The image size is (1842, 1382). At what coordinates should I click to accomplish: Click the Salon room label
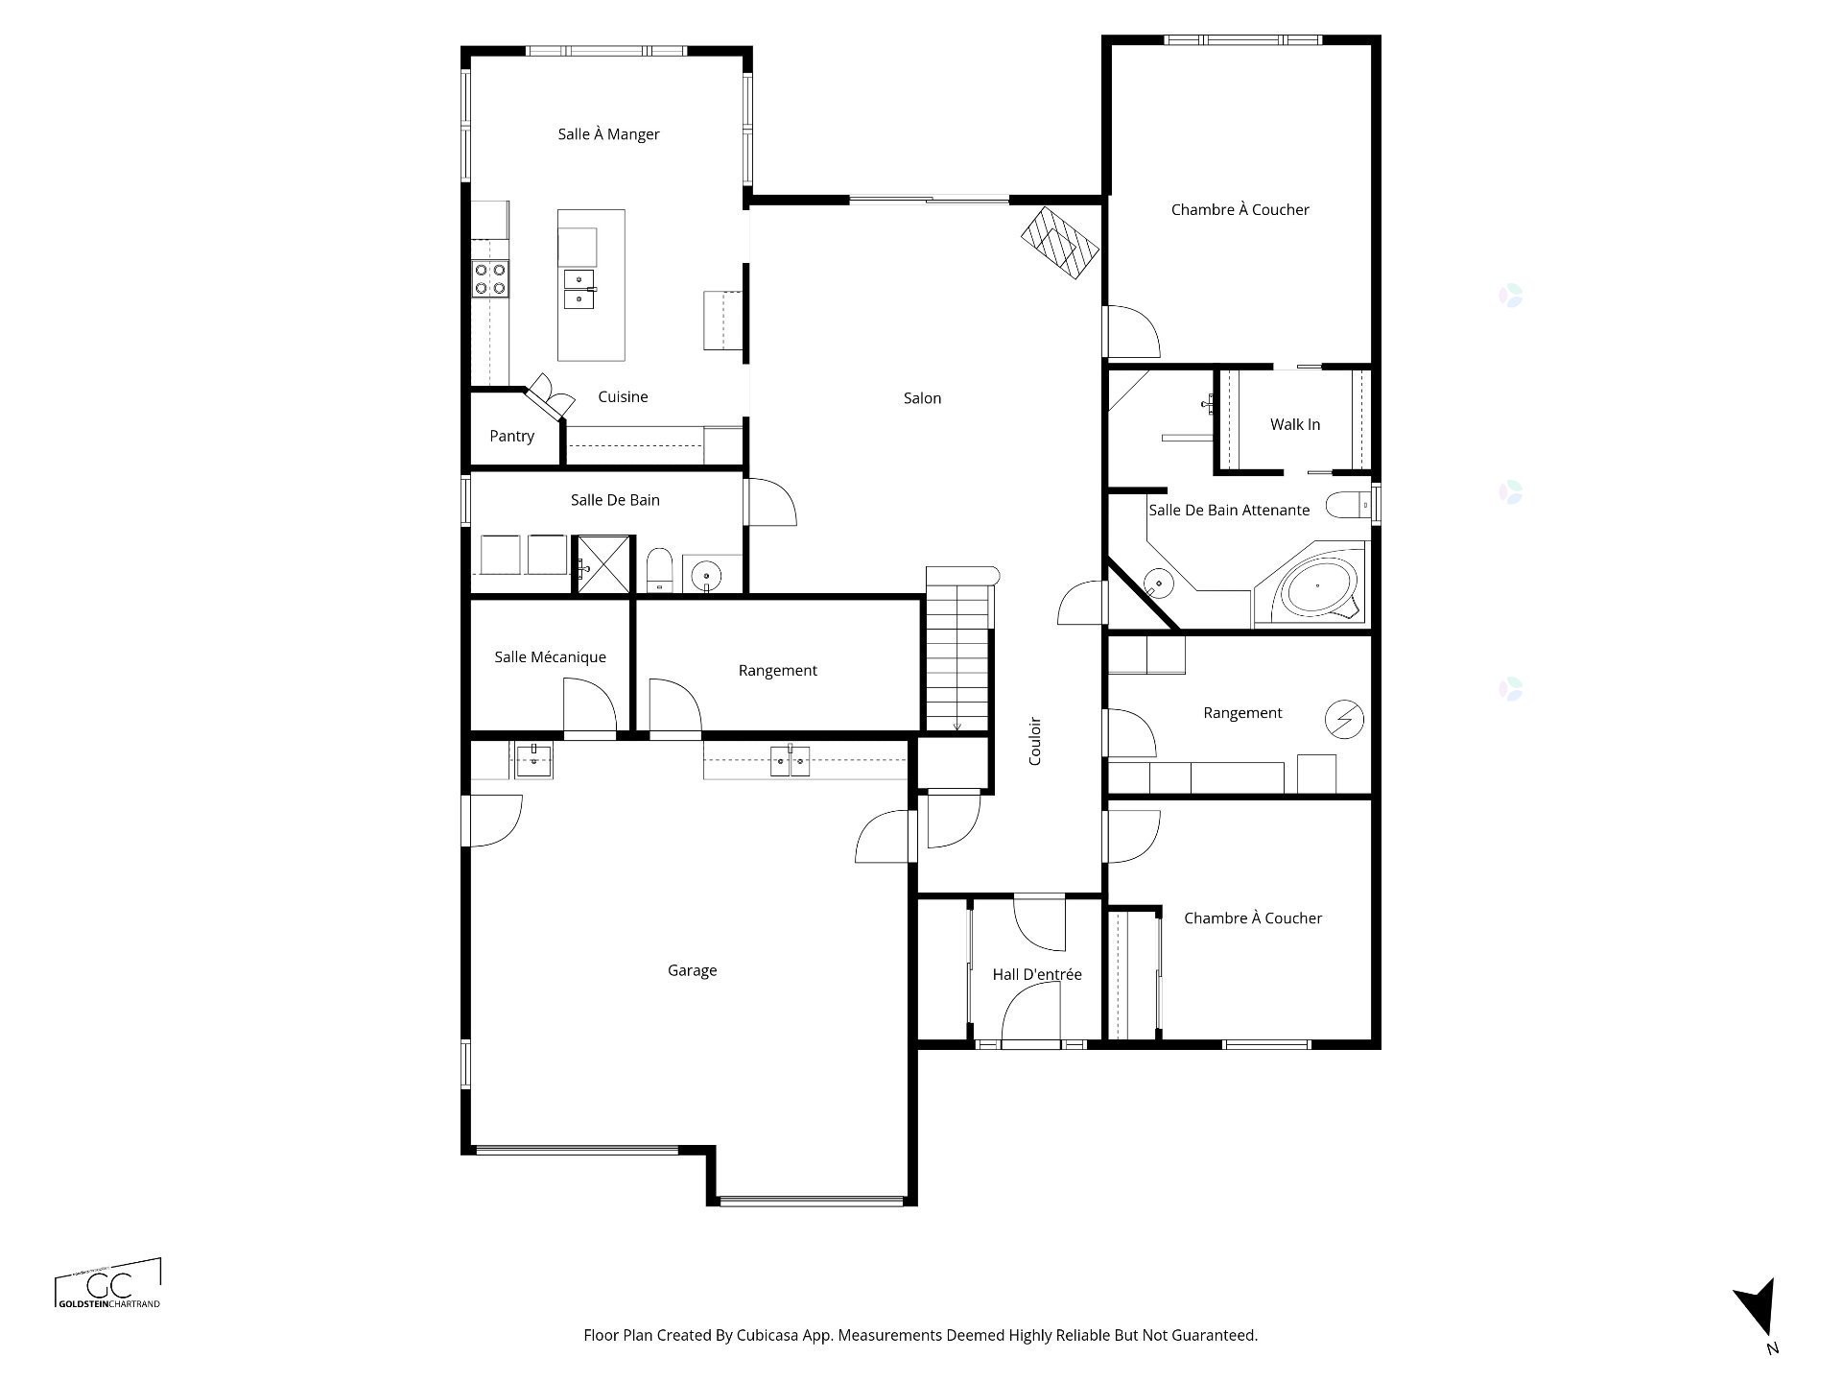[x=922, y=398]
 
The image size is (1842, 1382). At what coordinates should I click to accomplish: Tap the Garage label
[x=692, y=970]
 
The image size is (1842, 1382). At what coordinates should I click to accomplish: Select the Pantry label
[x=511, y=436]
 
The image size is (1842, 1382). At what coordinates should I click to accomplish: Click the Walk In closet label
[x=1295, y=424]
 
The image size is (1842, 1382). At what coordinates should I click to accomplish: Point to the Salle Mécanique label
[x=550, y=656]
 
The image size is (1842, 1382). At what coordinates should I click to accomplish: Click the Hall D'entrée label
[x=1037, y=974]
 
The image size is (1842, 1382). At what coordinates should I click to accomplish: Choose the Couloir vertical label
[x=1034, y=741]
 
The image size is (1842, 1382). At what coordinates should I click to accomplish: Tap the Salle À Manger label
[x=608, y=134]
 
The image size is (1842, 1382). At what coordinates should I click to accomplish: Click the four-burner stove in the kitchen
[x=489, y=279]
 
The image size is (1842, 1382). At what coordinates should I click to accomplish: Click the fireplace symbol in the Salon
[x=1059, y=243]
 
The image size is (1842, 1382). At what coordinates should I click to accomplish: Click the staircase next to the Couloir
[x=957, y=650]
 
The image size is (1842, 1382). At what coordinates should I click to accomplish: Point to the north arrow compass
[x=1759, y=1309]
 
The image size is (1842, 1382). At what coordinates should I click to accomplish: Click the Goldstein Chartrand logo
[x=108, y=1284]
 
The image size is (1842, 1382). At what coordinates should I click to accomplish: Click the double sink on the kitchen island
[x=579, y=289]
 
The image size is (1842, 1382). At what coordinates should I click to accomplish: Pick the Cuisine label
[x=623, y=396]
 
